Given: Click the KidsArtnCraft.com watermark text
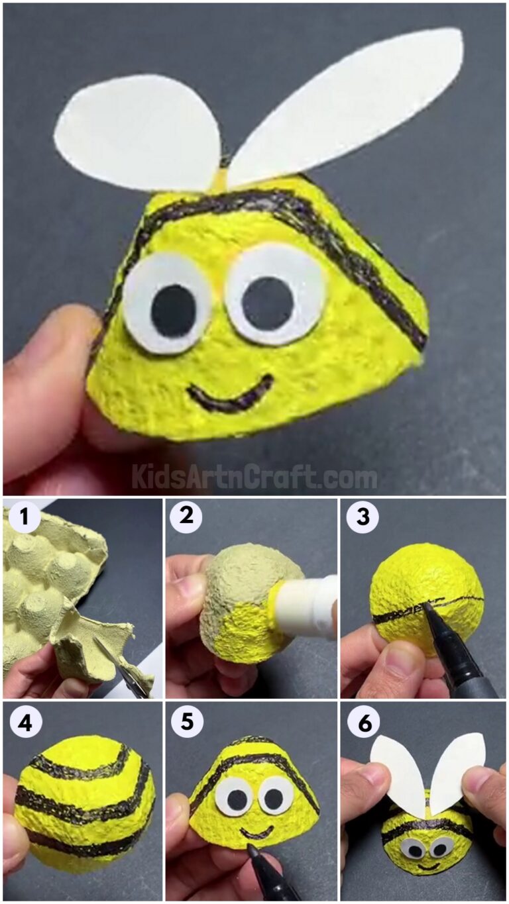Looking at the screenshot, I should click(254, 477).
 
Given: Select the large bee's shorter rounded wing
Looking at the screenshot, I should click(139, 132).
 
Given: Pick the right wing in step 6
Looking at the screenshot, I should click(457, 768).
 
